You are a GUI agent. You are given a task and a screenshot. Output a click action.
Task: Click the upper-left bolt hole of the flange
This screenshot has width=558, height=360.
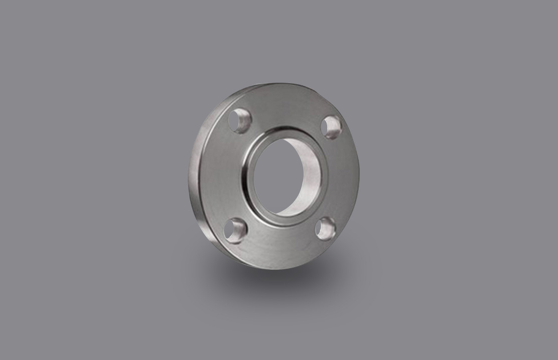click(x=239, y=120)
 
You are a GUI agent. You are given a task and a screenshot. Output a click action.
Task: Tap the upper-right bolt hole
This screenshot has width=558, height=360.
click(x=331, y=126)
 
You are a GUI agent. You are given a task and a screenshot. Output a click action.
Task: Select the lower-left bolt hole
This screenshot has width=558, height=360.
click(x=235, y=231)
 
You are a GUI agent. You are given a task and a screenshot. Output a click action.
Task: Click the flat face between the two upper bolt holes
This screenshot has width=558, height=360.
click(x=286, y=108)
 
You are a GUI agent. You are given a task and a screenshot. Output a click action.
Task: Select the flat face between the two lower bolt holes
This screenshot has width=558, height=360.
click(x=281, y=246)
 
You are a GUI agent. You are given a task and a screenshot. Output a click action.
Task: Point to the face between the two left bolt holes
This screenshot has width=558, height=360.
click(x=221, y=175)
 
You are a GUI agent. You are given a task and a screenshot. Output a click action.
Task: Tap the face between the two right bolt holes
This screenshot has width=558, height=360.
click(x=341, y=175)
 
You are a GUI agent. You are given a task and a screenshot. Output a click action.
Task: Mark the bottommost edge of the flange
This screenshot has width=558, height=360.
click(x=271, y=269)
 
